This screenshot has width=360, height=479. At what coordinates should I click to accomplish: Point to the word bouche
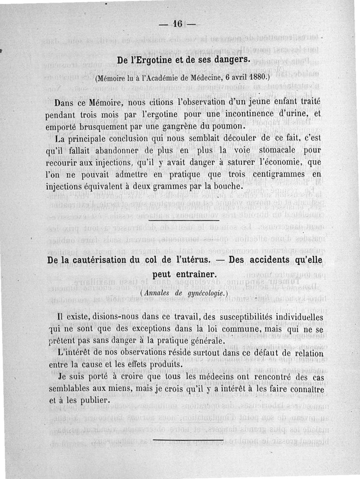click(228, 185)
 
